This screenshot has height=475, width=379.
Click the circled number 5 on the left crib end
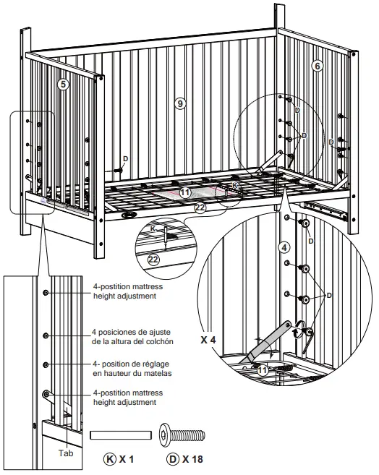(64, 85)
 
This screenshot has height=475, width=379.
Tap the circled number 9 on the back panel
(180, 103)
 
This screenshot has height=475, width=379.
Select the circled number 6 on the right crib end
(316, 65)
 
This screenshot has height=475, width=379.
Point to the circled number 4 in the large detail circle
(285, 246)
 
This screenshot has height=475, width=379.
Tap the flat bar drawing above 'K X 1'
(120, 436)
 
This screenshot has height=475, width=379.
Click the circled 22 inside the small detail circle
(152, 259)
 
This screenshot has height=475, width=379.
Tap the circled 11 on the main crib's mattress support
(186, 192)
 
